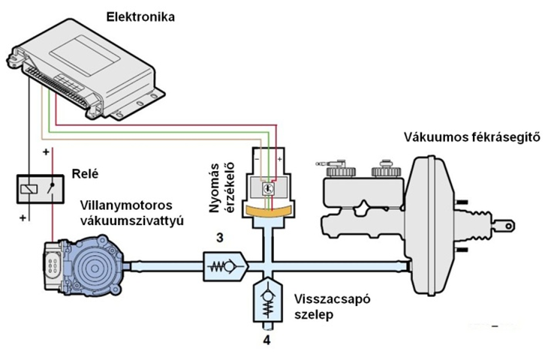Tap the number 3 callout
tap(218, 238)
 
